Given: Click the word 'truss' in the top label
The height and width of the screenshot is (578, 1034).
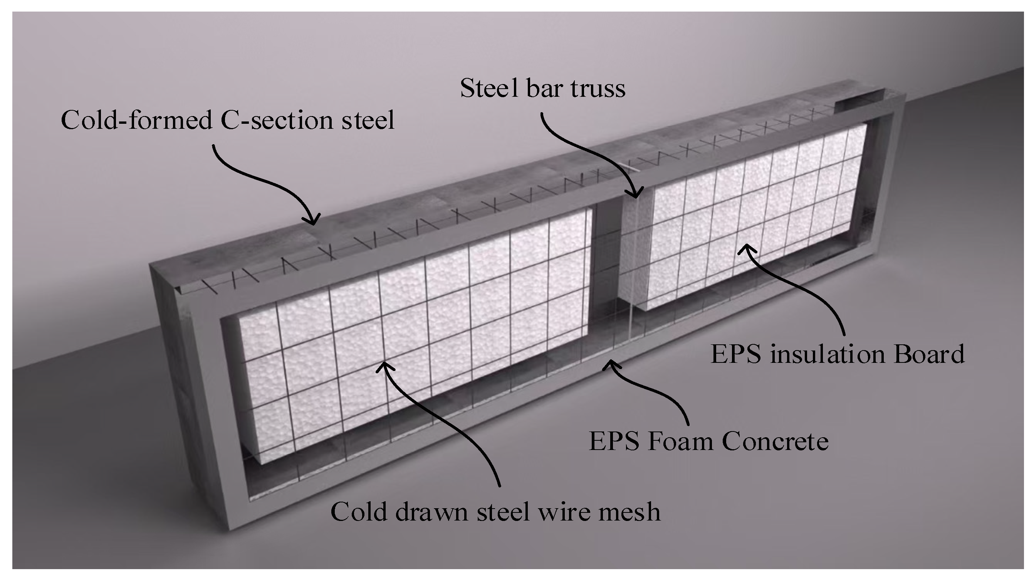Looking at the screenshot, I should (x=598, y=88).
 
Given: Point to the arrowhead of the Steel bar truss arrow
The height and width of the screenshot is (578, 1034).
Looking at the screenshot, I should (x=636, y=195).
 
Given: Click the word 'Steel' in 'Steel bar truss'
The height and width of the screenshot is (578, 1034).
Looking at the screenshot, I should (x=490, y=88).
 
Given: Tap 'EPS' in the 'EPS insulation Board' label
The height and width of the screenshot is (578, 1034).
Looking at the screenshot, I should (x=735, y=354).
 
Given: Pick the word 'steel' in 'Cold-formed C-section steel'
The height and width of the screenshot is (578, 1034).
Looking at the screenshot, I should (x=368, y=120).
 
